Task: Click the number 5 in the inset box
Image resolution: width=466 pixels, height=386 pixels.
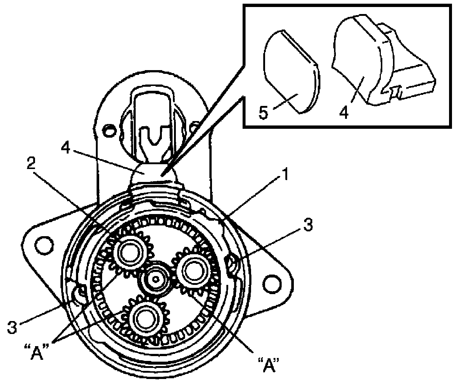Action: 263,113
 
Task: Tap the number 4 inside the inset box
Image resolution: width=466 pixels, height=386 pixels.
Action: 344,112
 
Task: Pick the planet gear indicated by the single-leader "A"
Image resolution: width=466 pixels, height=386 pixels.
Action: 192,272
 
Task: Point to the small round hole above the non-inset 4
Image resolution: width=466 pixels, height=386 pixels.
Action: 109,129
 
